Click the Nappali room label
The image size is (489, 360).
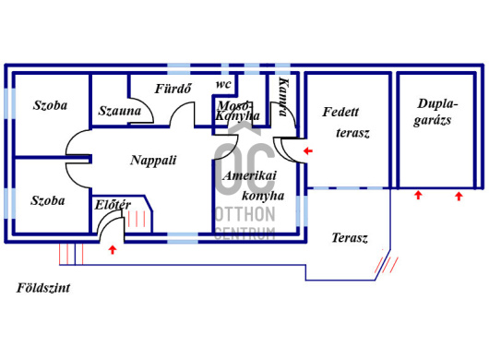coord(153,161)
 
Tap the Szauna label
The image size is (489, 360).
coord(120,111)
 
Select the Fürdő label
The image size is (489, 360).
coord(173,89)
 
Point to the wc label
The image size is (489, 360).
coord(223,84)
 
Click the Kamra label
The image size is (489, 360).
coord(283,97)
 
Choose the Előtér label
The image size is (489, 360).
coord(113,205)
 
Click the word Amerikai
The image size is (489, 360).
coord(250,175)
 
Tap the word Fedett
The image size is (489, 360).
coord(340,112)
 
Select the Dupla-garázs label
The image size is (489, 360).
coord(435,112)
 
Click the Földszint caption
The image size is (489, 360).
coord(43,288)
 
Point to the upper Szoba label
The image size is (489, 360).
coord(50,105)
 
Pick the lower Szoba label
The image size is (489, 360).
coord(48,200)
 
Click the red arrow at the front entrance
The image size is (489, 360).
coord(113,249)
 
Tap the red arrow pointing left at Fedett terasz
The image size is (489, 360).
coord(308,151)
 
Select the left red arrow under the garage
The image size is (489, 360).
coord(418,196)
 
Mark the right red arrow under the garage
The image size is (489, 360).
coord(459,197)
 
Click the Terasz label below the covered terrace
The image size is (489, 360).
coord(350,238)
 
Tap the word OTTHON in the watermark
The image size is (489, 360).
coord(245,214)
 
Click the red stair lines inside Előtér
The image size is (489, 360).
coord(137,219)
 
